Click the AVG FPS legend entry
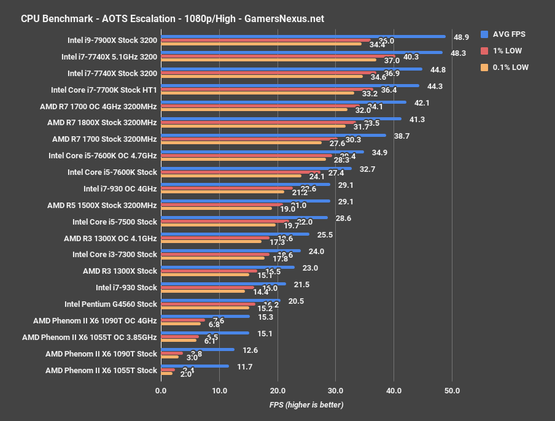click(x=505, y=34)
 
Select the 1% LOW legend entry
click(x=502, y=51)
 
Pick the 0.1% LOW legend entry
click(x=505, y=68)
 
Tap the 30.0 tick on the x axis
click(x=335, y=390)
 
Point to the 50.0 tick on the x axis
click(x=452, y=390)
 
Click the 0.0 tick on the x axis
click(x=161, y=390)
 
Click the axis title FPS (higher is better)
click(x=306, y=405)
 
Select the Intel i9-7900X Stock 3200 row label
click(x=112, y=41)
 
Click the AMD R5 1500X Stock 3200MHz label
click(x=102, y=205)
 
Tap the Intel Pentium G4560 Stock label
click(x=111, y=304)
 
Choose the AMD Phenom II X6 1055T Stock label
click(x=101, y=370)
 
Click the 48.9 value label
click(x=461, y=37)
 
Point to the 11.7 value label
click(x=244, y=366)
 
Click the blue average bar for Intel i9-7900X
click(x=303, y=36)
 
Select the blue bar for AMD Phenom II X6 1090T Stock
click(x=197, y=349)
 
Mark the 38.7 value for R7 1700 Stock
click(x=402, y=136)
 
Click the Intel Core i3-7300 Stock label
click(x=115, y=254)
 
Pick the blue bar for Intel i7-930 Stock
click(x=223, y=284)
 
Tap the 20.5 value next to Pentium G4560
click(x=295, y=301)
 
